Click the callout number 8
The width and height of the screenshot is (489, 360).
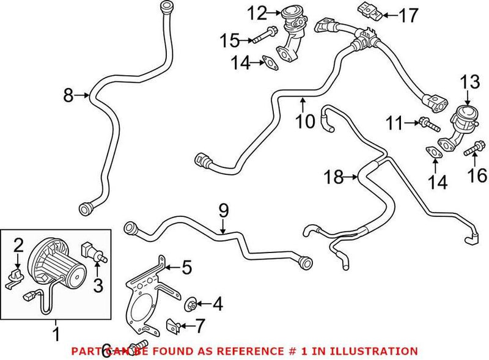(68, 95)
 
